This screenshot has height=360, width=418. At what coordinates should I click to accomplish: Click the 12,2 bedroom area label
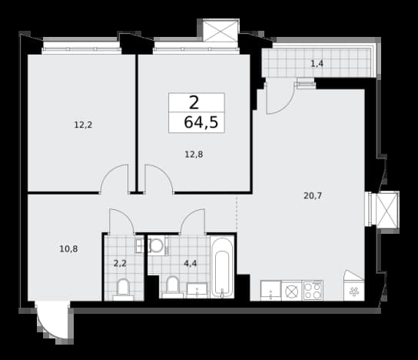[83, 125]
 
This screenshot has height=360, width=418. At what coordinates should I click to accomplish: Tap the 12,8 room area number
[194, 155]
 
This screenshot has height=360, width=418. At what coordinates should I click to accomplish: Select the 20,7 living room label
[313, 195]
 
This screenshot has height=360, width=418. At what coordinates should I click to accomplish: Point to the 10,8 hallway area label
[68, 249]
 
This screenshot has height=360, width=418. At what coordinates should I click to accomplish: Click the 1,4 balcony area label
[317, 64]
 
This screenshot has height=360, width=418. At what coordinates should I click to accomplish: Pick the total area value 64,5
[201, 122]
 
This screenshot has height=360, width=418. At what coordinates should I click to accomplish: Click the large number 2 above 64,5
[194, 103]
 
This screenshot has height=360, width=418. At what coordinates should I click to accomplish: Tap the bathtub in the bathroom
[222, 267]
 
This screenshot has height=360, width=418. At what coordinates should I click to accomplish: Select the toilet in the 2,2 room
[123, 289]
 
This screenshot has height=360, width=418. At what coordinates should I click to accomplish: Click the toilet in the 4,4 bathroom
[172, 287]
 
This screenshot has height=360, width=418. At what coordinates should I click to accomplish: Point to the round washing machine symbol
[157, 245]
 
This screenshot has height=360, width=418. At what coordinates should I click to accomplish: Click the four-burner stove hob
[313, 290]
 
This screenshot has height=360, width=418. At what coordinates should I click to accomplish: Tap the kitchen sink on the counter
[270, 291]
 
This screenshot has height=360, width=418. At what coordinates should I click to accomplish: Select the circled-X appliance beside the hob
[292, 291]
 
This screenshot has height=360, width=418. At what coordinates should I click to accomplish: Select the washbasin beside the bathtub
[197, 290]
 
